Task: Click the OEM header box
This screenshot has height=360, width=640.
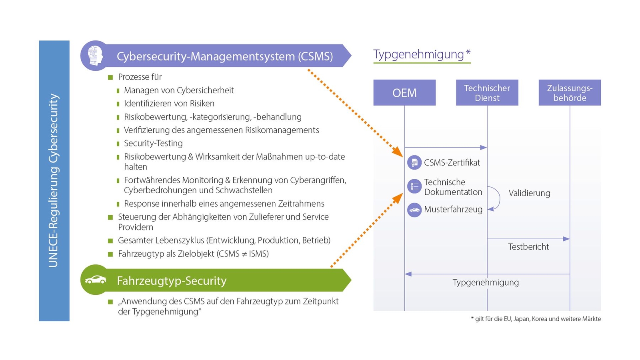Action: coord(404,93)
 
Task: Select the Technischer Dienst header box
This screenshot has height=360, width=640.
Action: coord(487,93)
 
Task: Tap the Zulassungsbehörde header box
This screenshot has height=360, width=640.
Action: coord(570,93)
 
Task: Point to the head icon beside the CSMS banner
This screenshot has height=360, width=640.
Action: coord(95,56)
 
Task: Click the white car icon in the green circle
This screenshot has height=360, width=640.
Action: coord(96,280)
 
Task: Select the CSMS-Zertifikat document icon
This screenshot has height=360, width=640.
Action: coord(414,162)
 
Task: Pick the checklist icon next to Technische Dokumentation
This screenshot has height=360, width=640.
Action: coord(414,186)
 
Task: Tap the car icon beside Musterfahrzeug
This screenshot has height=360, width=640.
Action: coord(414,210)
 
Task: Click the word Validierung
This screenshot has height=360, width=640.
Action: coord(529,193)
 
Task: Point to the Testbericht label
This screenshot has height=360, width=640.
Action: coord(528,247)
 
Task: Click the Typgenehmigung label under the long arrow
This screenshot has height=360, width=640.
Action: coord(486,282)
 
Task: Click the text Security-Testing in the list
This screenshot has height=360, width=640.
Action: coord(153,143)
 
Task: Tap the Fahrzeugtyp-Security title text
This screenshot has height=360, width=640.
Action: coord(172,281)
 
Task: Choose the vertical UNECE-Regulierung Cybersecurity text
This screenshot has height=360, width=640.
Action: coord(54,180)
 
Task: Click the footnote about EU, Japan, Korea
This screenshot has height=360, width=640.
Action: coord(536,319)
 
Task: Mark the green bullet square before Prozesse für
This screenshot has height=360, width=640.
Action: coord(110,77)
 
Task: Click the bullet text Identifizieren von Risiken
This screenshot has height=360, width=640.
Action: coord(169,104)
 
